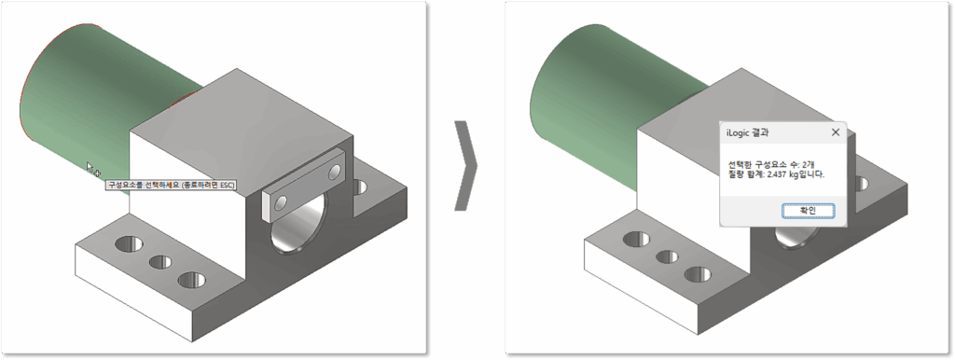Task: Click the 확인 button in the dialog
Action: (808, 210)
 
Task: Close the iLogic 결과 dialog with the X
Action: (836, 132)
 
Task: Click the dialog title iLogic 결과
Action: (752, 132)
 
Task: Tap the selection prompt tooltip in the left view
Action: (172, 185)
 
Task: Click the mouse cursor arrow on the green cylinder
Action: (91, 168)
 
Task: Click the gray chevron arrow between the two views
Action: (466, 165)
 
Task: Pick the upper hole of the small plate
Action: (334, 173)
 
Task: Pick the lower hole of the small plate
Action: (280, 201)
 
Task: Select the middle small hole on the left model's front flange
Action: (160, 262)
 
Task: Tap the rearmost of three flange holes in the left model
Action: (129, 243)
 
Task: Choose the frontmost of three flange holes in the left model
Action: (192, 280)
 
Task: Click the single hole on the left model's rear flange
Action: (359, 187)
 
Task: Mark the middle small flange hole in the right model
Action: (667, 257)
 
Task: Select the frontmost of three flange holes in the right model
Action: (698, 275)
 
